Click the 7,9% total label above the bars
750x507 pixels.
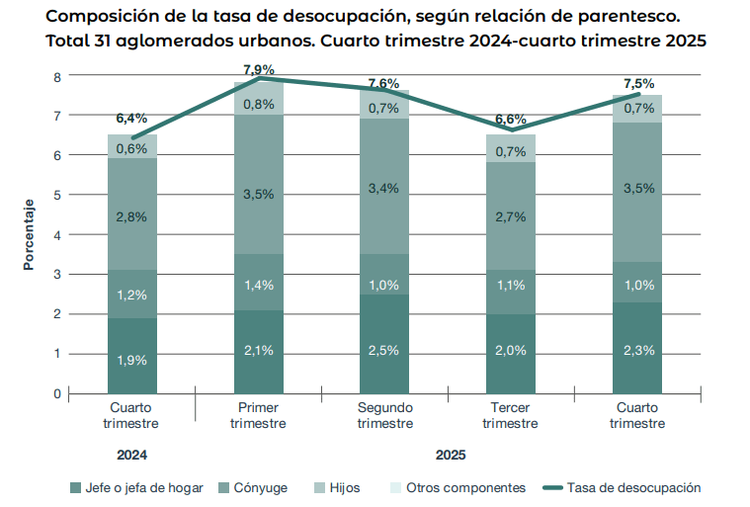tap(258, 69)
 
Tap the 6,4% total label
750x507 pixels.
tap(131, 119)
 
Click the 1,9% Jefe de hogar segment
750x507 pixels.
tap(131, 360)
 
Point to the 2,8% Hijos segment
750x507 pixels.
tap(131, 216)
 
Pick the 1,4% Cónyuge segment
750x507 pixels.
tap(258, 286)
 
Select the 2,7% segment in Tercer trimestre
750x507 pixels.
tap(510, 216)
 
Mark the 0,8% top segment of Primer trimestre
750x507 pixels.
tap(258, 105)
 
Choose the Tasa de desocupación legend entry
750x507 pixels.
tap(622, 488)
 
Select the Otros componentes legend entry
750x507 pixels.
tap(456, 488)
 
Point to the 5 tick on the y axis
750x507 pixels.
tap(57, 195)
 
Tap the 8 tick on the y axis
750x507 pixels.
tap(57, 76)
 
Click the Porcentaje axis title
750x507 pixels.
tap(30, 234)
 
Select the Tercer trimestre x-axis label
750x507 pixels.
tap(510, 415)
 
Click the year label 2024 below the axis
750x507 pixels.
tap(131, 456)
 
